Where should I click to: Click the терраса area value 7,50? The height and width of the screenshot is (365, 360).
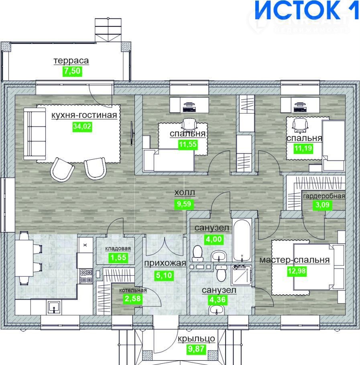point(72,71)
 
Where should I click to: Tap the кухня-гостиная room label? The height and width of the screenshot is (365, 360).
point(84,115)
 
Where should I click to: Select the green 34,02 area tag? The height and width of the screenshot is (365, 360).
point(82,126)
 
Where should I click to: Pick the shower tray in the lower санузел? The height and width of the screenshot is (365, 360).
point(242,276)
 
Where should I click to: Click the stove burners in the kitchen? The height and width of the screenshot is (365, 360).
point(86,276)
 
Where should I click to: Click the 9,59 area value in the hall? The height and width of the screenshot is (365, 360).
point(184,204)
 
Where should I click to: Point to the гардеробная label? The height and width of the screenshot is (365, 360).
point(324,196)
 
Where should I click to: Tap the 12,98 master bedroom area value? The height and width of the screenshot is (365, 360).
point(297,271)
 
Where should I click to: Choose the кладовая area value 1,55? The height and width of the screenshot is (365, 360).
point(118,258)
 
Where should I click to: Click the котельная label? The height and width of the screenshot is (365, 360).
point(133,290)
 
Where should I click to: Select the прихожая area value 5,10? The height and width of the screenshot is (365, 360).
point(164,276)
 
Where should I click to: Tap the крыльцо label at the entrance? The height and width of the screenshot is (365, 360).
point(196,339)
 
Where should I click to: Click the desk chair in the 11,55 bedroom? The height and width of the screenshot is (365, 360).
point(189,124)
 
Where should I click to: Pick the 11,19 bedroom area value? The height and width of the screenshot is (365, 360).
point(303,148)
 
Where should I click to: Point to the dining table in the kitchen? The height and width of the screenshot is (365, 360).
point(24,258)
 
